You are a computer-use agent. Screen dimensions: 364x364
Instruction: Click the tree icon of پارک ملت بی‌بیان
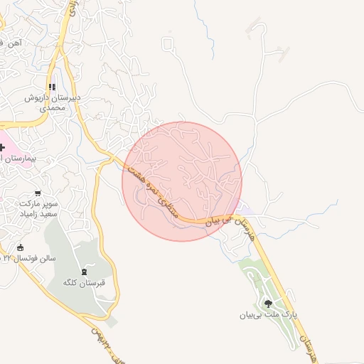[268, 304]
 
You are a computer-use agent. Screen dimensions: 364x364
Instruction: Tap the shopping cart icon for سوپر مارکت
[38, 193]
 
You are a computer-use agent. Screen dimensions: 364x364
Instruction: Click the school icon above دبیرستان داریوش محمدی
[53, 86]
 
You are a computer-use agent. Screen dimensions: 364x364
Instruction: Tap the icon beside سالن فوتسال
[19, 247]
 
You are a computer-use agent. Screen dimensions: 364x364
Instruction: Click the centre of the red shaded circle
[182, 181]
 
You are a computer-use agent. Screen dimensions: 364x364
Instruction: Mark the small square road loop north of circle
[168, 45]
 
